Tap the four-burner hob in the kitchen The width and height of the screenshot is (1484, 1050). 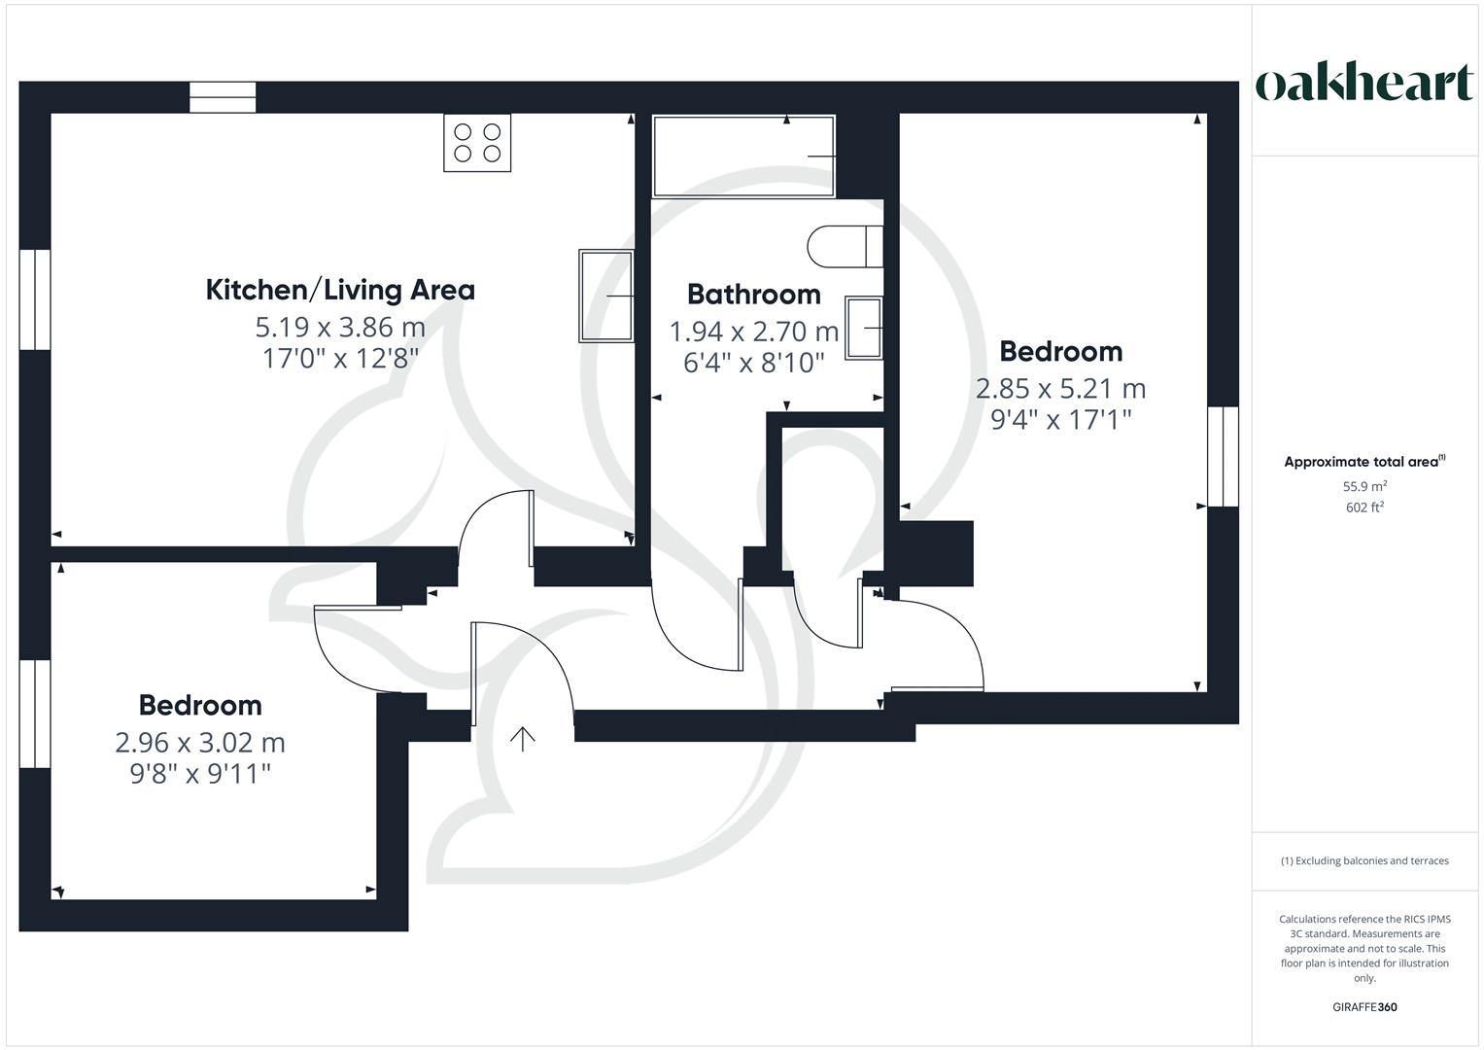477,143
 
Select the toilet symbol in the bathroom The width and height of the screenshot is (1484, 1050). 846,247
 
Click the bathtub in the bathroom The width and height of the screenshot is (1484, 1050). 743,157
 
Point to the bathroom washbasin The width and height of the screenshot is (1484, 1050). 864,328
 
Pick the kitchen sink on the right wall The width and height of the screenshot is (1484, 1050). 606,296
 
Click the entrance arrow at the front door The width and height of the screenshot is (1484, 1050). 523,739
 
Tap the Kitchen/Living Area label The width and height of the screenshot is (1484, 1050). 340,291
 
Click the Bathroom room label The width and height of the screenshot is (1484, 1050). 754,295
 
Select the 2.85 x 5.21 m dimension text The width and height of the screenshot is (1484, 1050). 1060,389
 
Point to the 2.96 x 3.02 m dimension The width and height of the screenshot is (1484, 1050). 200,743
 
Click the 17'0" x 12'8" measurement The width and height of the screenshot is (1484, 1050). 340,359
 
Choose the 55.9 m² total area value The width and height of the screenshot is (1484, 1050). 1364,486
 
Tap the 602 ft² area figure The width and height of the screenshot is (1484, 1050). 1364,507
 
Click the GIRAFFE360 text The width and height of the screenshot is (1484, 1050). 1364,1007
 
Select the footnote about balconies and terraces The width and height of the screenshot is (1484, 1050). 1364,860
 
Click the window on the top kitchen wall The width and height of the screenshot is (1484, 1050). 223,97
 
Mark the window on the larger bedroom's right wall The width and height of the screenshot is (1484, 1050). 1223,457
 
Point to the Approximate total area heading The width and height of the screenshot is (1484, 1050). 1364,462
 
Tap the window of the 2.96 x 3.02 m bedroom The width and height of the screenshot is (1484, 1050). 35,714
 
